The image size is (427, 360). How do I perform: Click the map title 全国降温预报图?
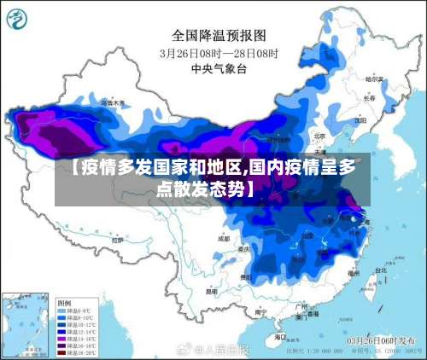(x=219, y=35)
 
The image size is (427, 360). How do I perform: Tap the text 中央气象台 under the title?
(x=219, y=67)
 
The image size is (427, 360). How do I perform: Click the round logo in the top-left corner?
(x=18, y=20)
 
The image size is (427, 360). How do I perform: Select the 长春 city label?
(x=369, y=98)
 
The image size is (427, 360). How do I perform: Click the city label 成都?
(x=224, y=239)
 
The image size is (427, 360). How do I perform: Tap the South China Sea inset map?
(x=26, y=325)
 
